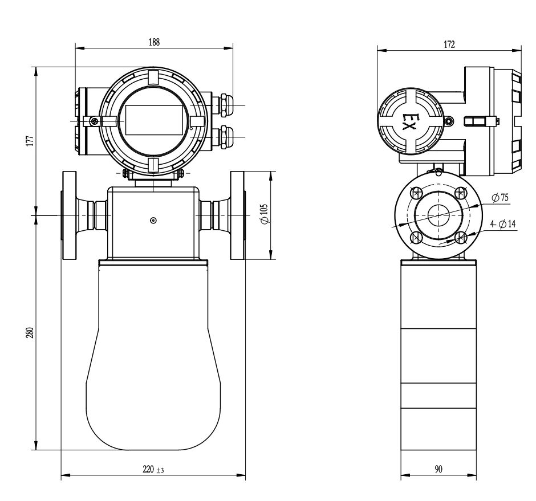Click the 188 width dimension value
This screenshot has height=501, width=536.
(154, 42)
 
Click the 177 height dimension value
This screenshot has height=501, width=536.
(30, 141)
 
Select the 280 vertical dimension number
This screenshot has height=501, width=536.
(30, 333)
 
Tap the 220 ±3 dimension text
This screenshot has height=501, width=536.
(153, 469)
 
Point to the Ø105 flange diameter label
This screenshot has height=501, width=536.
(264, 214)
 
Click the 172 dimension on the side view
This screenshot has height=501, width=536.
(449, 44)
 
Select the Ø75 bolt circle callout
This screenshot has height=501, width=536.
(500, 198)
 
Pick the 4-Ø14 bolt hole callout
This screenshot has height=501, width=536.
(503, 224)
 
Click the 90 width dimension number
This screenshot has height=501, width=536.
(438, 469)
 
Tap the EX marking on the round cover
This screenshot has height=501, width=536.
(408, 121)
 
